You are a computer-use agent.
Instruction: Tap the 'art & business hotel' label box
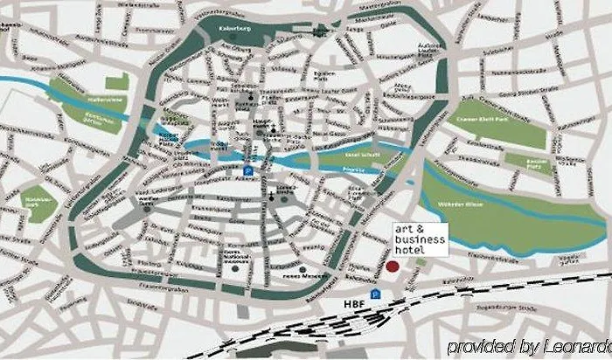(x=419, y=239)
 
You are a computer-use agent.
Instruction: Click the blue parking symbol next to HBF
(x=375, y=294)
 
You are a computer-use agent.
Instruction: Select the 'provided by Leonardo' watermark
(x=529, y=346)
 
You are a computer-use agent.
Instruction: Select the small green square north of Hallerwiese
(x=122, y=81)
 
